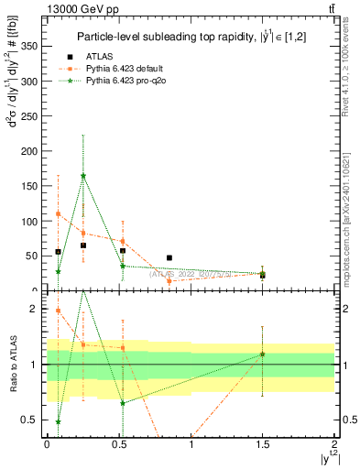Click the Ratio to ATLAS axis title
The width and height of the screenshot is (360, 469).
pyautogui.click(x=14, y=365)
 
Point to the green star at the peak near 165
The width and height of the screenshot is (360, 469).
pyautogui.click(x=83, y=175)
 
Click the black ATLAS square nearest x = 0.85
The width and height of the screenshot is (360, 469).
pyautogui.click(x=169, y=258)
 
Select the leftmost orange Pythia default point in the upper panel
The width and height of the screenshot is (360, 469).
pyautogui.click(x=58, y=213)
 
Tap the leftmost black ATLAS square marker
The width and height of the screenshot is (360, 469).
pyautogui.click(x=58, y=252)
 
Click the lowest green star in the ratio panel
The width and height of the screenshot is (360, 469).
pyautogui.click(x=58, y=421)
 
